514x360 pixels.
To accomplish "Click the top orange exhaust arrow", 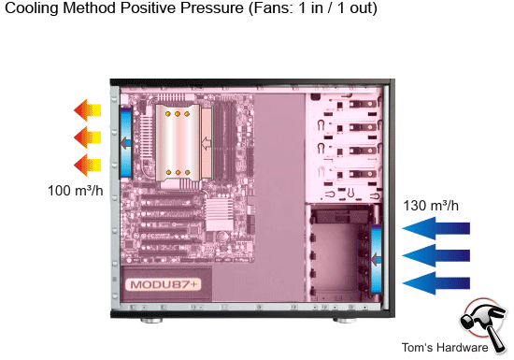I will pyautogui.click(x=88, y=110).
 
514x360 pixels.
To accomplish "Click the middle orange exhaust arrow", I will pyautogui.click(x=88, y=138).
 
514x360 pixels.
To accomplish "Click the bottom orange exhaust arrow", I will pyautogui.click(x=88, y=166).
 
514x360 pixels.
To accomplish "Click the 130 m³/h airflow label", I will pyautogui.click(x=431, y=205).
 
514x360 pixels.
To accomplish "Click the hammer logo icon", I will pyautogui.click(x=483, y=323).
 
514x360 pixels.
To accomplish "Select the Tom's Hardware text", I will pyautogui.click(x=445, y=348).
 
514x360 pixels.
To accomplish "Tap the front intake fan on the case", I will pyautogui.click(x=378, y=257).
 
